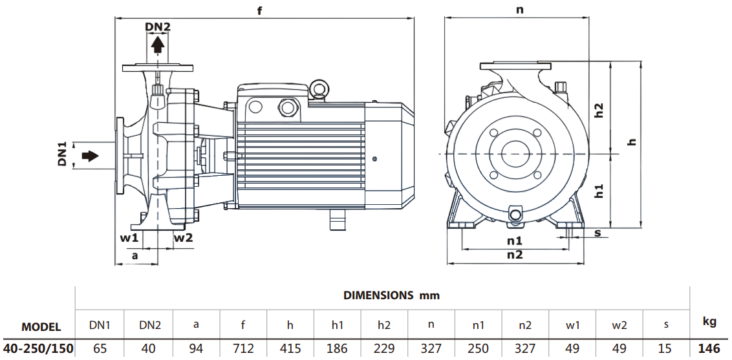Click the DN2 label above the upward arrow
(x=157, y=27)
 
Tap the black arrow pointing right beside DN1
(x=90, y=156)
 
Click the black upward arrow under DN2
(x=157, y=45)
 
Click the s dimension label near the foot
(x=597, y=232)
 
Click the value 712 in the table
(x=243, y=348)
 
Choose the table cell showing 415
(x=290, y=348)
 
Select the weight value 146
(x=709, y=348)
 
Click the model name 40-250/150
(x=39, y=348)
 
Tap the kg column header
(x=709, y=321)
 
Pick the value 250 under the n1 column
(x=478, y=348)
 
